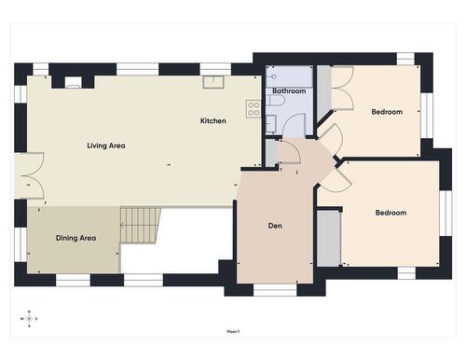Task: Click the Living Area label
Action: tap(105, 145)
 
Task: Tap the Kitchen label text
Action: tap(212, 121)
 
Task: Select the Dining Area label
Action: tap(75, 238)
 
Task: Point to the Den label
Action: tap(275, 226)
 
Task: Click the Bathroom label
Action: tap(289, 91)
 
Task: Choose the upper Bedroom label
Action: tap(387, 112)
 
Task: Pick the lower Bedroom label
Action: tap(391, 213)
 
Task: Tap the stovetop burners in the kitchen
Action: tap(253, 108)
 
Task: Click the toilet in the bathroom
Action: tap(277, 101)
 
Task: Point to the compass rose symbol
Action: tap(29, 319)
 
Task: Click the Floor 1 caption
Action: tap(233, 331)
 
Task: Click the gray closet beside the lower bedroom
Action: tap(328, 238)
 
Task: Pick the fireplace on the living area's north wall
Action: tap(73, 82)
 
